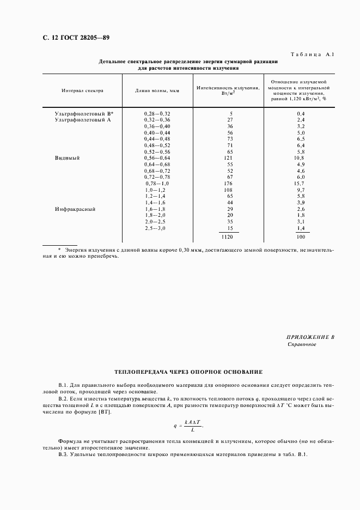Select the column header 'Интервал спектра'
tap(82, 91)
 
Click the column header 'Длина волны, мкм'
tap(157, 91)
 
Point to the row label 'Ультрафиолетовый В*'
tap(87, 113)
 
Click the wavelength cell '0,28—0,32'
tap(157, 113)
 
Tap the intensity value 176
tap(228, 184)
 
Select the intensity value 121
tap(228, 158)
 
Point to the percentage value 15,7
tap(300, 184)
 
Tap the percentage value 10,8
tap(300, 158)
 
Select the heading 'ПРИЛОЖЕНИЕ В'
tap(310, 337)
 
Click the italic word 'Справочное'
tap(301, 345)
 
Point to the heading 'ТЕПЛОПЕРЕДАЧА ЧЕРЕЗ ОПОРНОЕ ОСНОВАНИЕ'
tap(188, 372)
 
